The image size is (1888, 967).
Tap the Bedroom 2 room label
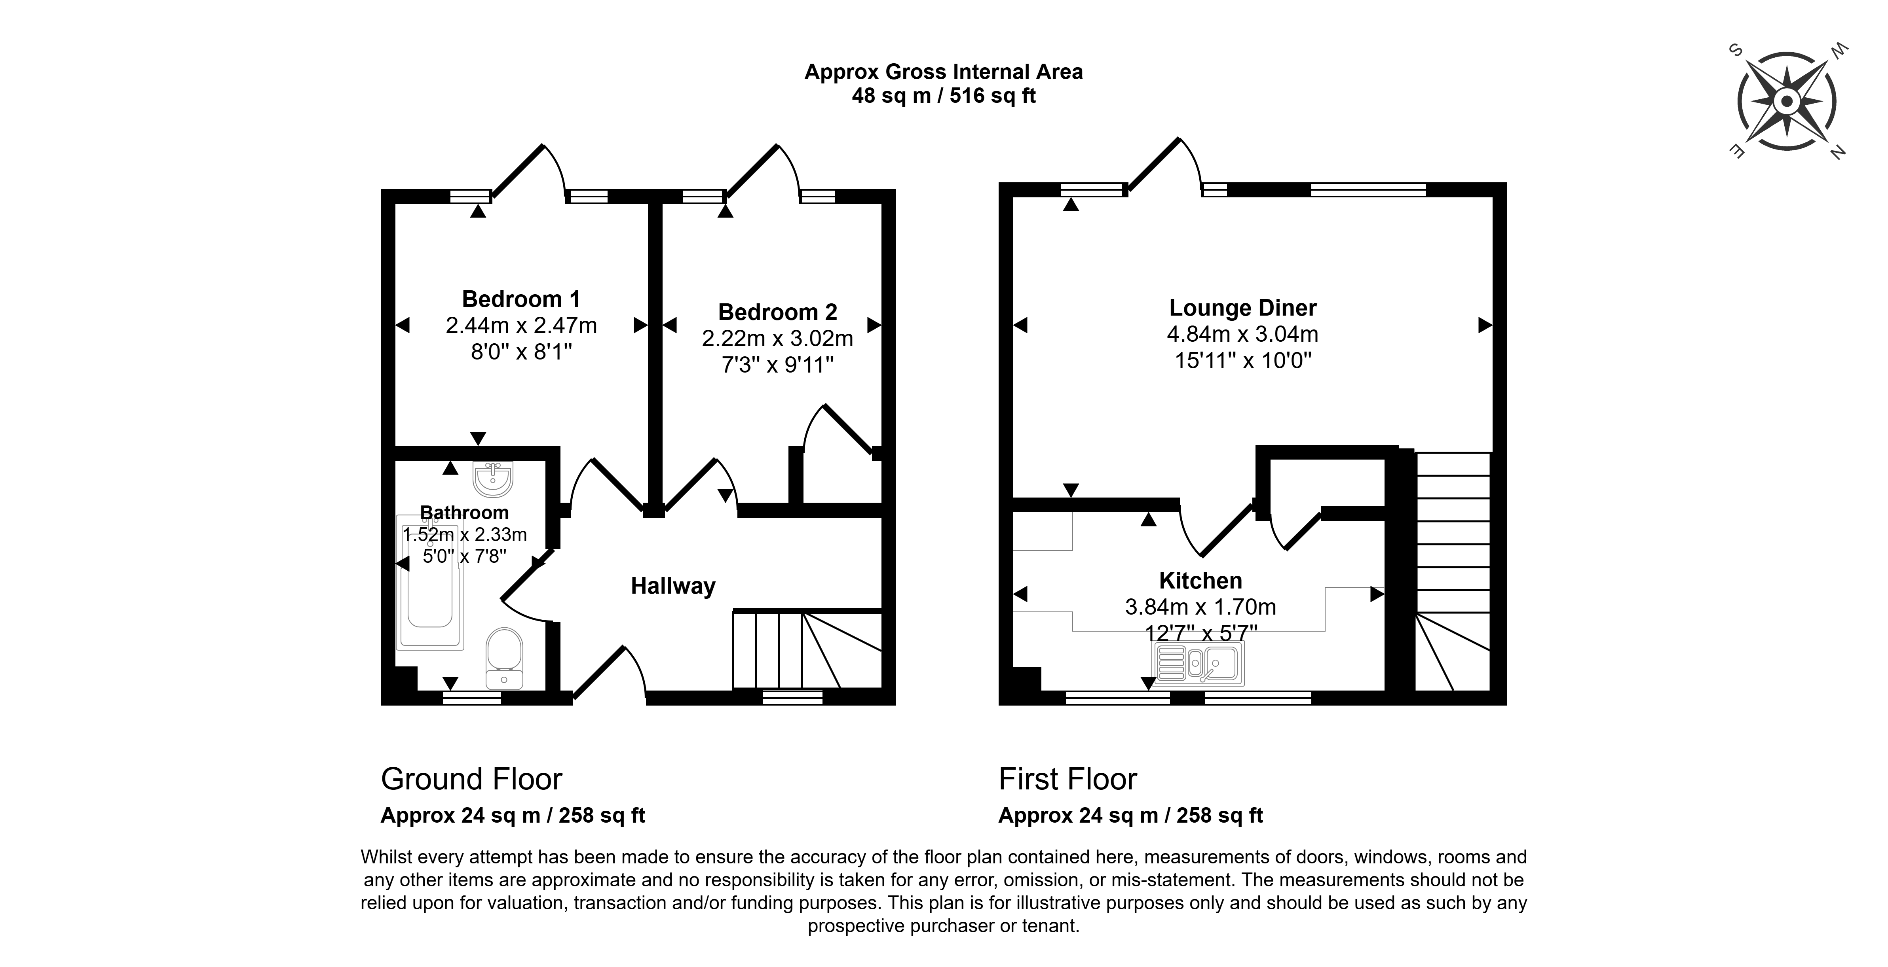point(778,312)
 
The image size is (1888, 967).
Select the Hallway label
point(673,586)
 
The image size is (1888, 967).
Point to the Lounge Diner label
point(1242,308)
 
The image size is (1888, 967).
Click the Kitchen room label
point(1200,580)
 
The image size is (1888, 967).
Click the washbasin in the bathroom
point(493,479)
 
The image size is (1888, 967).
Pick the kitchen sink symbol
point(1199,663)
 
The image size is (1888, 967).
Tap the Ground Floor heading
point(471,779)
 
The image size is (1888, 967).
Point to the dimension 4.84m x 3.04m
point(1242,334)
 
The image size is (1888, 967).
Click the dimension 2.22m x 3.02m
point(778,339)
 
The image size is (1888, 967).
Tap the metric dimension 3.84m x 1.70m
point(1200,607)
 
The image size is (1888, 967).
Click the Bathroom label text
point(464,513)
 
